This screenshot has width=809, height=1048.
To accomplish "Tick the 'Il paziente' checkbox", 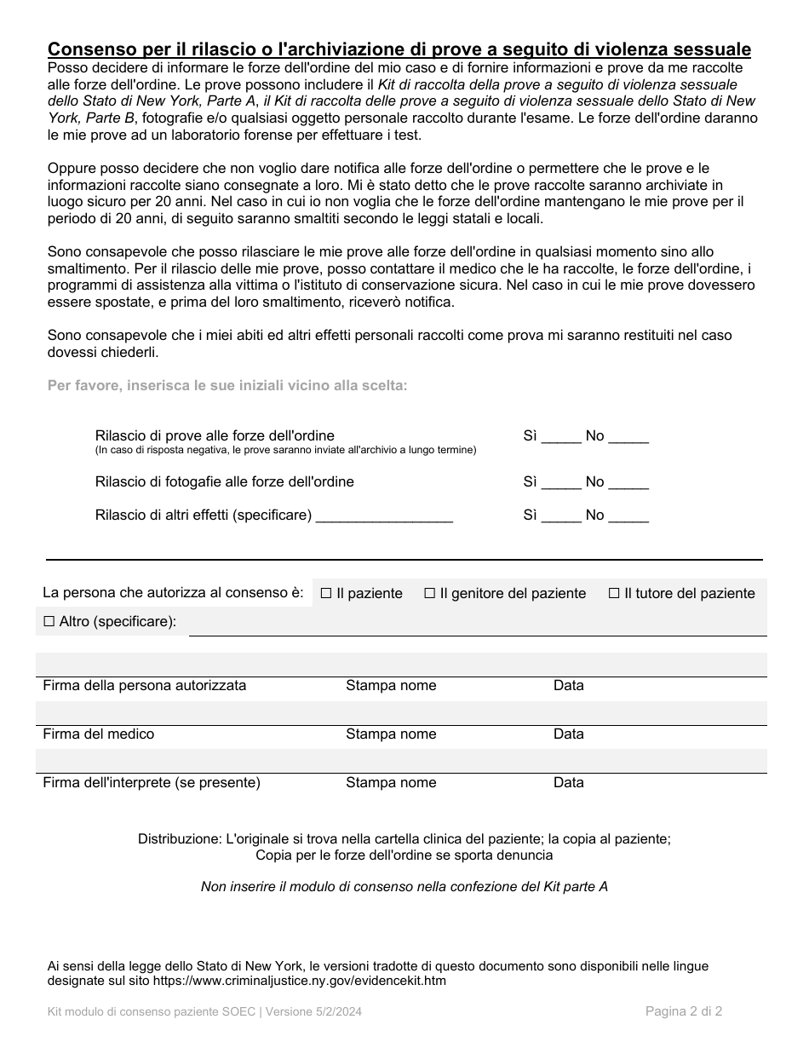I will click(x=326, y=593).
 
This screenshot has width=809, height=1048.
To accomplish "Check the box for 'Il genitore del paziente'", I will click(x=429, y=593).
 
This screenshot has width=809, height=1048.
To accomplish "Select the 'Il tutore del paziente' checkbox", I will click(x=614, y=593).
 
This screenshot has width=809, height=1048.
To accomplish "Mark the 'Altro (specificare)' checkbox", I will click(x=49, y=622).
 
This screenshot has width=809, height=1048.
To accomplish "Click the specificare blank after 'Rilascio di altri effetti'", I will click(x=384, y=516).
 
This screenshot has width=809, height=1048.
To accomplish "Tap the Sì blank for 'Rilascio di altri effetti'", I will click(x=561, y=516).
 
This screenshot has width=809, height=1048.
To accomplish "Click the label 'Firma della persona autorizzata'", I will click(x=145, y=686).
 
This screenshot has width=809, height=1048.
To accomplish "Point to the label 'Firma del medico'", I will click(x=99, y=734).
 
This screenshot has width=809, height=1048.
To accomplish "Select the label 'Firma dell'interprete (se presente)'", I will click(x=152, y=783).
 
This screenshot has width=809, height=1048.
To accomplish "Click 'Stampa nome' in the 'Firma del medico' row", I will click(x=391, y=734).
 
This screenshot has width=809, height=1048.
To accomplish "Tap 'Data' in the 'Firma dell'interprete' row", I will click(x=568, y=783).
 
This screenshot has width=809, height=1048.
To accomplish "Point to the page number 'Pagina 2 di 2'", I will click(x=684, y=1012).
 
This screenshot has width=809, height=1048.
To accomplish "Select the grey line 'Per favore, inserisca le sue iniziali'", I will click(x=227, y=386).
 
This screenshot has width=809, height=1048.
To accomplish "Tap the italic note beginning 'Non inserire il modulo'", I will click(x=404, y=887).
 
